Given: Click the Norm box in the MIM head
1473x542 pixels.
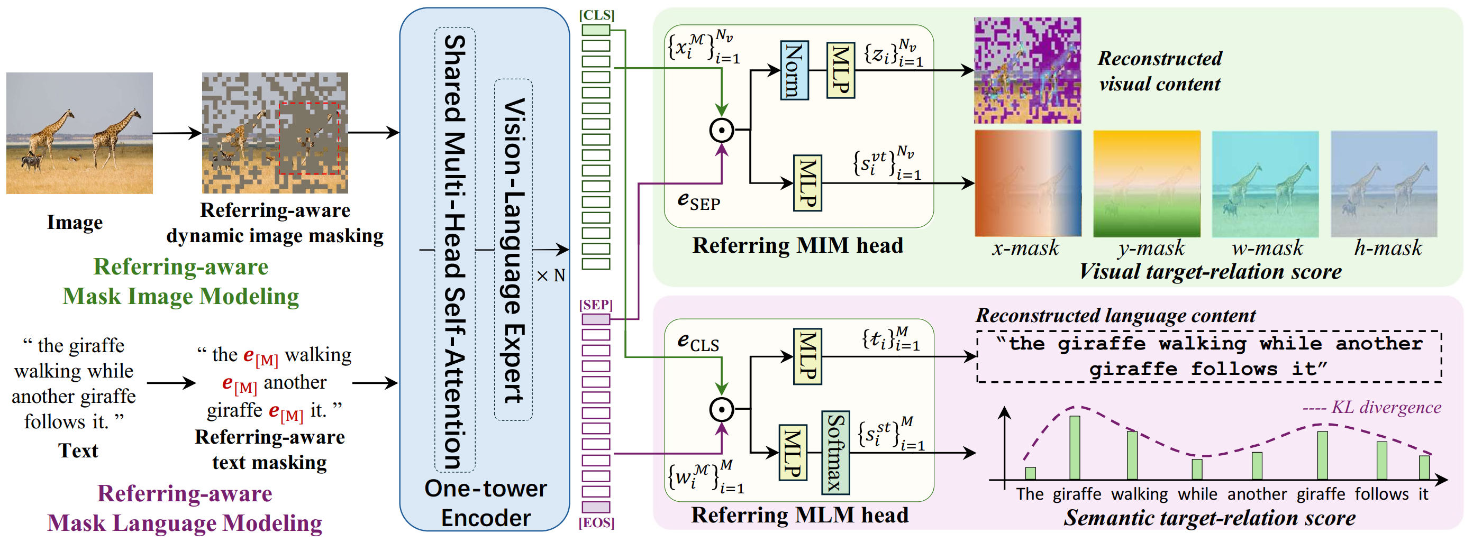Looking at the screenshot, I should pyautogui.click(x=794, y=70).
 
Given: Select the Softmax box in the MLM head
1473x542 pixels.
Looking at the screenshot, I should pyautogui.click(x=835, y=452).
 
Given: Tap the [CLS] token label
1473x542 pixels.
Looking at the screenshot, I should pyautogui.click(x=596, y=15).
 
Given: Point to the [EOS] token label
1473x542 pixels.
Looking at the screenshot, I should pyautogui.click(x=596, y=522).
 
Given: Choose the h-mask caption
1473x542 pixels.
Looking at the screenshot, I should pyautogui.click(x=1388, y=248).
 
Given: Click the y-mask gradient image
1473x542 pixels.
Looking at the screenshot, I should pyautogui.click(x=1147, y=184).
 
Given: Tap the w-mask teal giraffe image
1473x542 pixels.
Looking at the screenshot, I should pyautogui.click(x=1265, y=184).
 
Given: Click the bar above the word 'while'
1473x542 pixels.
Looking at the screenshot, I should pyautogui.click(x=1197, y=469).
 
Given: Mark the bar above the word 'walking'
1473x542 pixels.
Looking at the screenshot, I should pyautogui.click(x=1132, y=455).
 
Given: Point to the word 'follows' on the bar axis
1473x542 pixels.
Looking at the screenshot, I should pyautogui.click(x=1381, y=494).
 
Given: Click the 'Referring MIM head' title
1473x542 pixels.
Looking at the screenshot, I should pyautogui.click(x=798, y=245).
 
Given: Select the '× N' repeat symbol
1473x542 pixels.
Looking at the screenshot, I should pyautogui.click(x=551, y=276).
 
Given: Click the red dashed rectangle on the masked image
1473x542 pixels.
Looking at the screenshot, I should pyautogui.click(x=310, y=139).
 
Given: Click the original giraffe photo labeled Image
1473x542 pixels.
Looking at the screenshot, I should pyautogui.click(x=79, y=133).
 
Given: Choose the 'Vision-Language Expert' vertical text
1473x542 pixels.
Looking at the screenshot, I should pyautogui.click(x=513, y=250).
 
